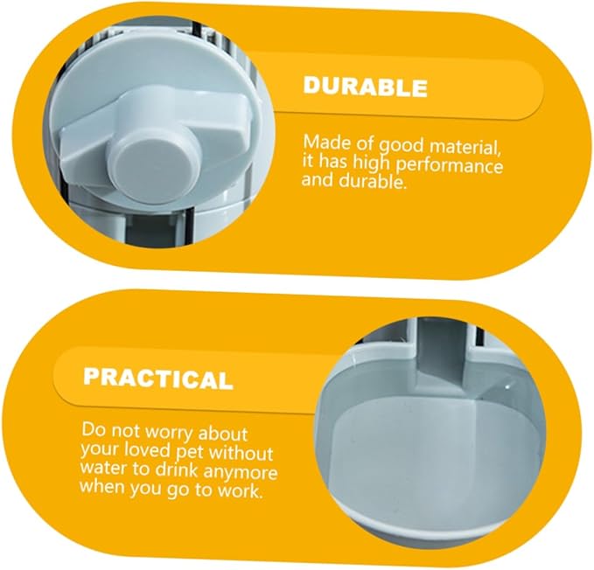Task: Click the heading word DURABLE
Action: tap(365, 87)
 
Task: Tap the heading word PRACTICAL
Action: tap(157, 379)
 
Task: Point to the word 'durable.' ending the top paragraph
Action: tap(374, 181)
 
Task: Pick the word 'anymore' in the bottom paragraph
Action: tap(241, 472)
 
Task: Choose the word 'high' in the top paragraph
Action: tap(372, 163)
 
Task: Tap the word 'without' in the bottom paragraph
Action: tap(241, 453)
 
